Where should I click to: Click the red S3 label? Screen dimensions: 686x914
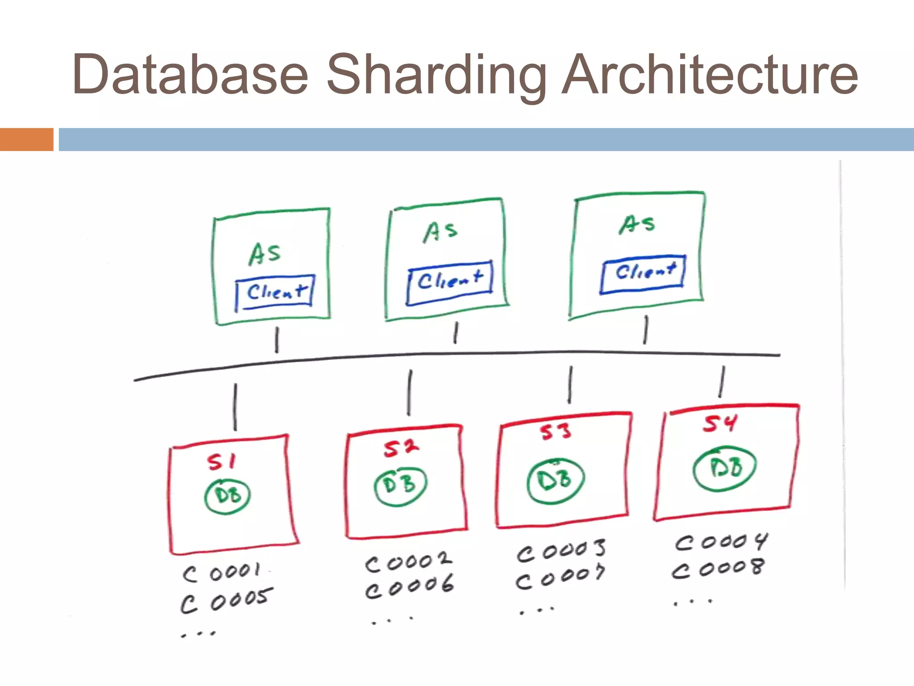coord(555,432)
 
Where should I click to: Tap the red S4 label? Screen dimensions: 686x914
coord(720,423)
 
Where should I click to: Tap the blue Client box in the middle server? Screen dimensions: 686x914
coord(450,282)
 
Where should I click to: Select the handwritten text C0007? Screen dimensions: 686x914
coord(561,578)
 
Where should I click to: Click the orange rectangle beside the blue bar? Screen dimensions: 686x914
coord(26,139)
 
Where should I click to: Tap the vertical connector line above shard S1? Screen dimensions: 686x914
coord(236,406)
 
